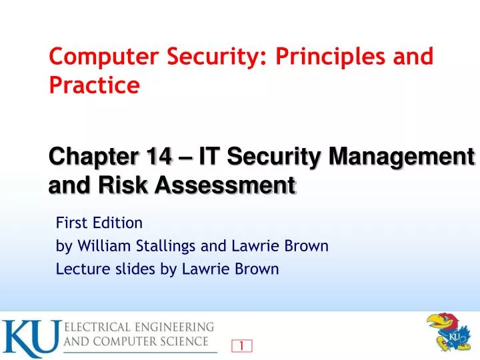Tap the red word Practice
click(x=94, y=85)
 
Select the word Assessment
click(x=225, y=184)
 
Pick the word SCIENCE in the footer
click(x=189, y=343)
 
